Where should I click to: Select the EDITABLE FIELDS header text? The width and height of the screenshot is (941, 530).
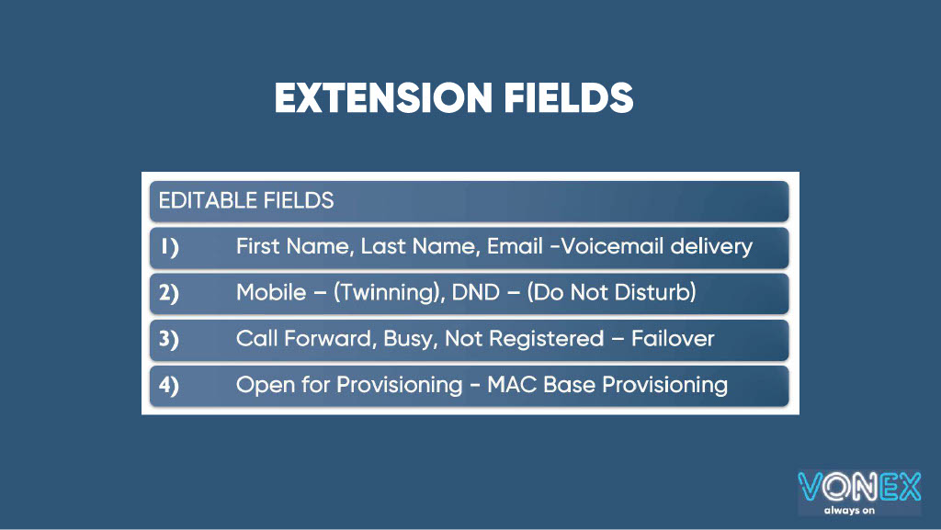click(246, 200)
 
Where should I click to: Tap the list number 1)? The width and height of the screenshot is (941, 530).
click(168, 247)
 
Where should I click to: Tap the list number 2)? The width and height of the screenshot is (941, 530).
click(169, 293)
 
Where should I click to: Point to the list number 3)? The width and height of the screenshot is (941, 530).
click(169, 339)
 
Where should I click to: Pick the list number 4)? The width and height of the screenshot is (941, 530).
click(169, 385)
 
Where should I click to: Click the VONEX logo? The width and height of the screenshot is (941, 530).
click(858, 487)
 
